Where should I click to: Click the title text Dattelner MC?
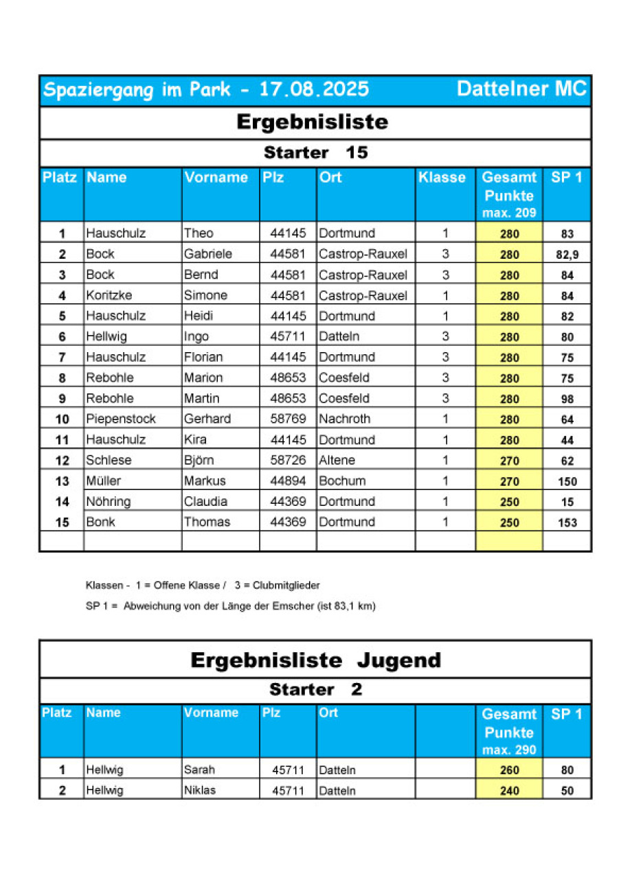[x=521, y=89]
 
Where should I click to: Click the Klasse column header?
[x=442, y=177]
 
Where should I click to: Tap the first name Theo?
[x=199, y=233]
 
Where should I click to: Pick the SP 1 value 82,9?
[x=567, y=255]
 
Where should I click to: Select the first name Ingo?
[x=196, y=337]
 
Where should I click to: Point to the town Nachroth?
[x=344, y=419]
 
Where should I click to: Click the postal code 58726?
[x=288, y=461]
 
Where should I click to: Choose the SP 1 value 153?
[x=567, y=523]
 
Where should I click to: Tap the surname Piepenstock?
[x=121, y=419]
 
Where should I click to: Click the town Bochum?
[x=342, y=481]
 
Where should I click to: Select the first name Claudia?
[x=205, y=502]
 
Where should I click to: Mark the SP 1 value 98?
[x=567, y=399]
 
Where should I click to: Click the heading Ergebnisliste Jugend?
[x=315, y=660]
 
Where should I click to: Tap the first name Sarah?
[x=199, y=770]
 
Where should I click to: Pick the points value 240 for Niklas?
[x=510, y=791]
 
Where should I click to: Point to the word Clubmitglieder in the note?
[x=286, y=585]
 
